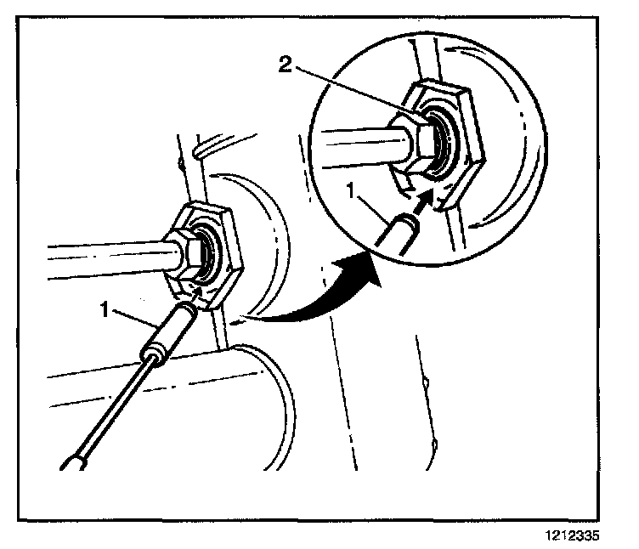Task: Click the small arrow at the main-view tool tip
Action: tap(197, 293)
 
